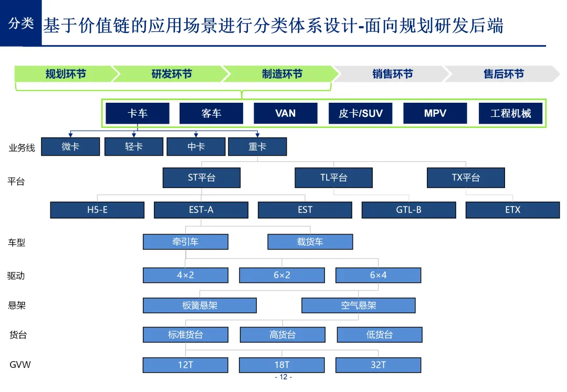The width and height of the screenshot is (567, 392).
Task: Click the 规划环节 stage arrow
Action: (65, 74)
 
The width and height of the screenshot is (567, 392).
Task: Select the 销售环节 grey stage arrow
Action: (392, 74)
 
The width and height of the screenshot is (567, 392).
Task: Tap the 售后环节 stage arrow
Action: (503, 74)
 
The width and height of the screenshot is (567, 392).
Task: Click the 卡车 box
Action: (138, 113)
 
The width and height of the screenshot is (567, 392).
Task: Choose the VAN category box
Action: (285, 113)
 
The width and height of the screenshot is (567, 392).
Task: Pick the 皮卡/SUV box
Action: (360, 113)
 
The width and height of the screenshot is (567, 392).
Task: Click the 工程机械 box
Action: (510, 113)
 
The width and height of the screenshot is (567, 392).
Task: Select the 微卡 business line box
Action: (70, 147)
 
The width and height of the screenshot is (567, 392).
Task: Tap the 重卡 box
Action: (257, 147)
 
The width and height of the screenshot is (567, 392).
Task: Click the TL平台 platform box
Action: (333, 178)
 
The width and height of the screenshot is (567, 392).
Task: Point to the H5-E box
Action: (97, 210)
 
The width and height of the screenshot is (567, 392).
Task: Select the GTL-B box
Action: (408, 210)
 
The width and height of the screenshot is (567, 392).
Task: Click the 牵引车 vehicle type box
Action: (185, 242)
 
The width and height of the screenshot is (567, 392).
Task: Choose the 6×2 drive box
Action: (281, 275)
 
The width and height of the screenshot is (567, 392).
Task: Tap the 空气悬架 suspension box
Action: (358, 305)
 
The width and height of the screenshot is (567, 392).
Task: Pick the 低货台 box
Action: (379, 334)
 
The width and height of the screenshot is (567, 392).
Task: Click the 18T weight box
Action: (281, 365)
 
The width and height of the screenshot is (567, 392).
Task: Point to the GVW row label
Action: (20, 365)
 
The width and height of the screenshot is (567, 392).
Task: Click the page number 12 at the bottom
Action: (283, 377)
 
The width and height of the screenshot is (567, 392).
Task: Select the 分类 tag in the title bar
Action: (21, 24)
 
